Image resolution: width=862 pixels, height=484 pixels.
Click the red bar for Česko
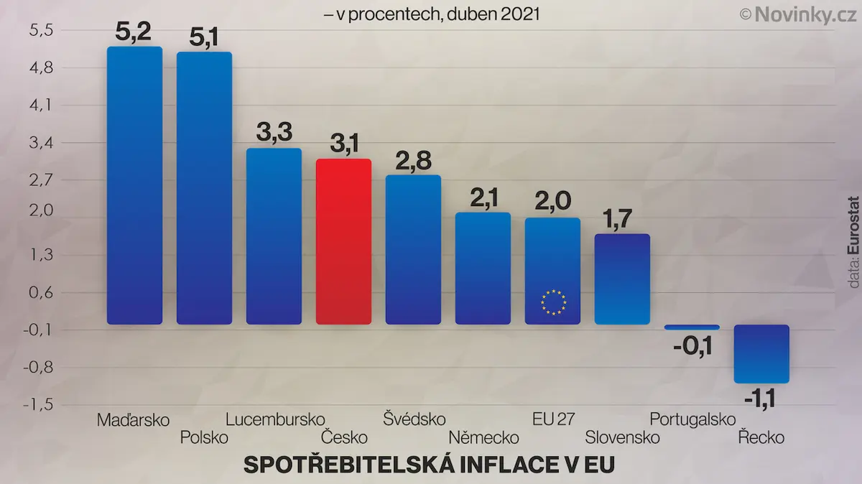coord(343,241)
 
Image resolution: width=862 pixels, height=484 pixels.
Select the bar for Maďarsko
coord(135,185)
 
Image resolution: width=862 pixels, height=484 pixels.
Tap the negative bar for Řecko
coord(761,354)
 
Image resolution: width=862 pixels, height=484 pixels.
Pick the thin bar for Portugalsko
coord(692,327)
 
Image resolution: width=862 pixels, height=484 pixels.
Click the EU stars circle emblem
coord(553,302)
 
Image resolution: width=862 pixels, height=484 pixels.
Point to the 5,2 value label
coord(133,32)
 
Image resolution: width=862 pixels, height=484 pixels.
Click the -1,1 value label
coord(760,399)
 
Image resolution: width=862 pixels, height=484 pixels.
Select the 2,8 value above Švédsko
coord(413,161)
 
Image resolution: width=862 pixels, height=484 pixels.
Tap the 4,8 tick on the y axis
coord(42,68)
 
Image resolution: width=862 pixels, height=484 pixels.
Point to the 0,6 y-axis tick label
coord(41,293)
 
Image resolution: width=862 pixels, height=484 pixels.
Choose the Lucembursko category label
coord(275,419)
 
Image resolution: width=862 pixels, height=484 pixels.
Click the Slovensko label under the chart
coord(622,437)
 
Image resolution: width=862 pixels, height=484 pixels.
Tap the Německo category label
coord(483,437)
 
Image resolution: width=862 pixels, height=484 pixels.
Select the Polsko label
coord(204,437)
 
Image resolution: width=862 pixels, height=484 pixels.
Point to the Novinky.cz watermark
coord(800,15)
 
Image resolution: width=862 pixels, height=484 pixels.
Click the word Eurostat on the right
coord(853,225)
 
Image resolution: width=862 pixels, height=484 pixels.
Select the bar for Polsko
coord(204,188)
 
